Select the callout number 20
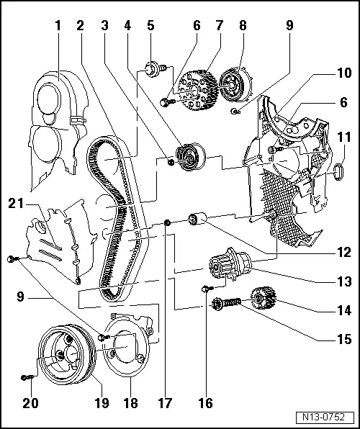30,402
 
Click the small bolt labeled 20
28,376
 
